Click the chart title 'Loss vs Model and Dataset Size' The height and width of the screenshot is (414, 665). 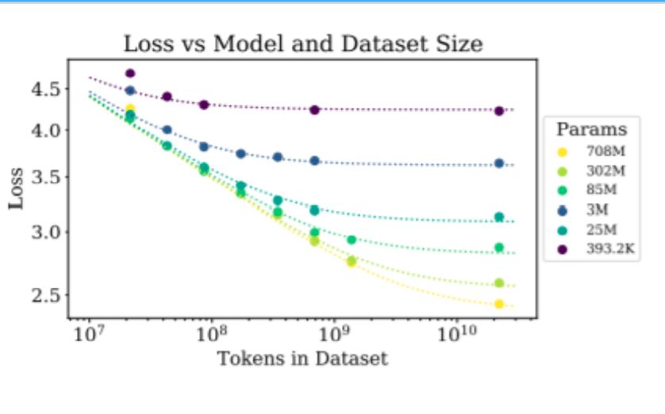coord(302,44)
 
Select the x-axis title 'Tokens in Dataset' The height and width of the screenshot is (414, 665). coord(302,358)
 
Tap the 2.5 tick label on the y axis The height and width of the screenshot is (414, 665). coord(44,295)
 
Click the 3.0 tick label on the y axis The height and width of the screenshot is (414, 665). coord(44,232)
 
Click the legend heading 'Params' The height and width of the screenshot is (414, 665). coord(591,129)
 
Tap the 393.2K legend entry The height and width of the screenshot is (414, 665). coord(609,250)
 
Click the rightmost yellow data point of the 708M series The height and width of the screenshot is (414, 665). coord(499,304)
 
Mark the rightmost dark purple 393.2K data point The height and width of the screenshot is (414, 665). coord(499,111)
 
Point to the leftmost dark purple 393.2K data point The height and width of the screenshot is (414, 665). coord(130,73)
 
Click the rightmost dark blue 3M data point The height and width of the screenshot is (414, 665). coord(499,163)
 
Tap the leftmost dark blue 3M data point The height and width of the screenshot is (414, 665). coord(130,90)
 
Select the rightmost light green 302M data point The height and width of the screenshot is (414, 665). coord(499,282)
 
